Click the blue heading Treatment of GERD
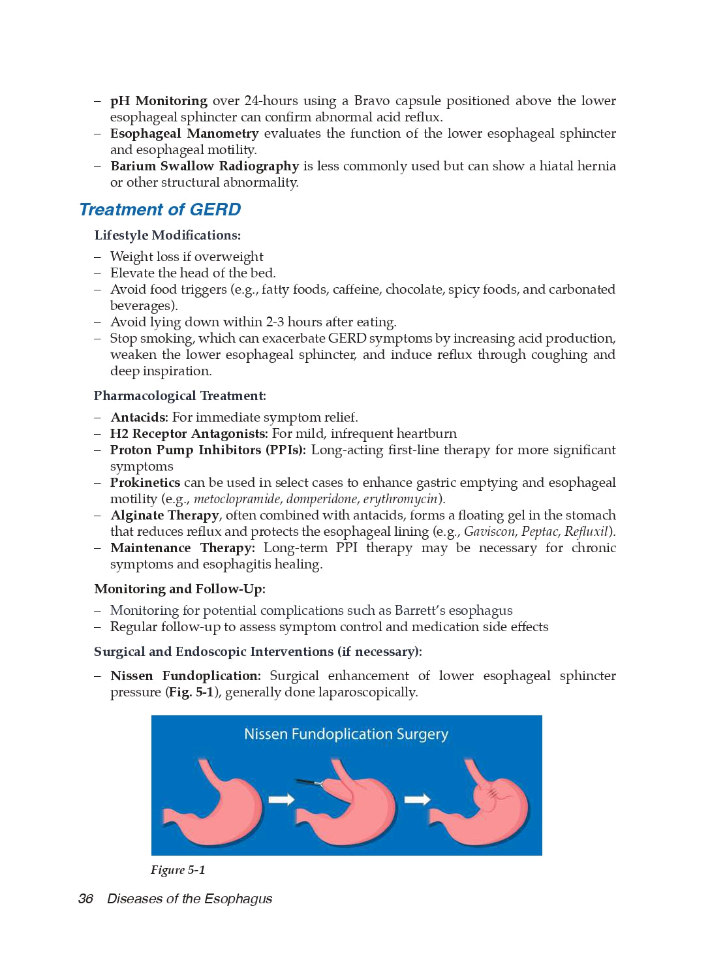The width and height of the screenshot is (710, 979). point(160,210)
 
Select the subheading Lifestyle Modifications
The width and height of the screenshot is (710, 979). point(167,235)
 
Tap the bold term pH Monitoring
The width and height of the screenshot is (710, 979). point(159,101)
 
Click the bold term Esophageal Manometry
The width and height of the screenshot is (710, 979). point(185,133)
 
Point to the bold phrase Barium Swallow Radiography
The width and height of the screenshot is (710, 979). point(204,166)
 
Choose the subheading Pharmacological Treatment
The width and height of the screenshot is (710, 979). point(179,396)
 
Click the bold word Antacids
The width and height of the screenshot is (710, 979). point(139,417)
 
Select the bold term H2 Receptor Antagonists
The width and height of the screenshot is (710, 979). point(189,433)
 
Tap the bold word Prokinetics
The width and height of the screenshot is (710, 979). point(145,482)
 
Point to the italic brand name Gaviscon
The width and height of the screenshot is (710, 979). point(490,531)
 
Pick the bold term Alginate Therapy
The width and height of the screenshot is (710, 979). point(164,515)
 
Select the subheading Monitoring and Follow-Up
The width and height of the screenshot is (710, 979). point(179,589)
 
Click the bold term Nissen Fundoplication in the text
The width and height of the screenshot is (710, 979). point(185,676)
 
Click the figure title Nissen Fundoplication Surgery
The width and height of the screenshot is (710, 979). point(346,734)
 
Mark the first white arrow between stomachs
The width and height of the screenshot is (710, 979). point(281,800)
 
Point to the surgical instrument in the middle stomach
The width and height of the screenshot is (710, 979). point(309,782)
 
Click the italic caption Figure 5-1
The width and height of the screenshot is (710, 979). point(177,870)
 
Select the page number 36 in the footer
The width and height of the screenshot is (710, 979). point(85,899)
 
